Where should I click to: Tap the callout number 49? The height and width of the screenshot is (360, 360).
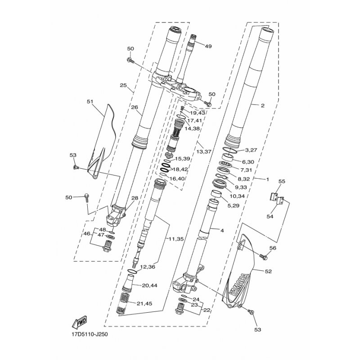pos(208,46)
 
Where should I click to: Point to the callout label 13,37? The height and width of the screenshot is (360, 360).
pos(204,152)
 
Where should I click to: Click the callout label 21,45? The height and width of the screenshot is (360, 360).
pos(144,303)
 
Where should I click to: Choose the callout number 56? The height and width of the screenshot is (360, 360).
pos(273,248)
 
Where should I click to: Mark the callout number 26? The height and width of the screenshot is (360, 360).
pos(135,107)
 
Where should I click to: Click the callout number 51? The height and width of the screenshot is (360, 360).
pos(91,101)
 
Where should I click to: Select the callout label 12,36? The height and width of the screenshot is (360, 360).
pos(148,267)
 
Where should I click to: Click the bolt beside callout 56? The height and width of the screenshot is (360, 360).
pos(264,256)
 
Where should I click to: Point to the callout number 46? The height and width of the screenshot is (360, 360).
pos(87,234)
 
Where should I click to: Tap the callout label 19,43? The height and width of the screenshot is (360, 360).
pos(198,113)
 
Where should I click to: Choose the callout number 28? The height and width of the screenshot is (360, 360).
pos(135,198)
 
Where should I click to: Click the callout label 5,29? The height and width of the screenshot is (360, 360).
pos(233,206)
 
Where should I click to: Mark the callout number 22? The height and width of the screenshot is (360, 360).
pos(207,310)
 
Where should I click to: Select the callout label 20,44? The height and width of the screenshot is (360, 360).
pos(150,286)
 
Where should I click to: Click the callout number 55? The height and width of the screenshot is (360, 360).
pos(282,181)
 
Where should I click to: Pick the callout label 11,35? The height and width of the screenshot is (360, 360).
pos(176,239)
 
